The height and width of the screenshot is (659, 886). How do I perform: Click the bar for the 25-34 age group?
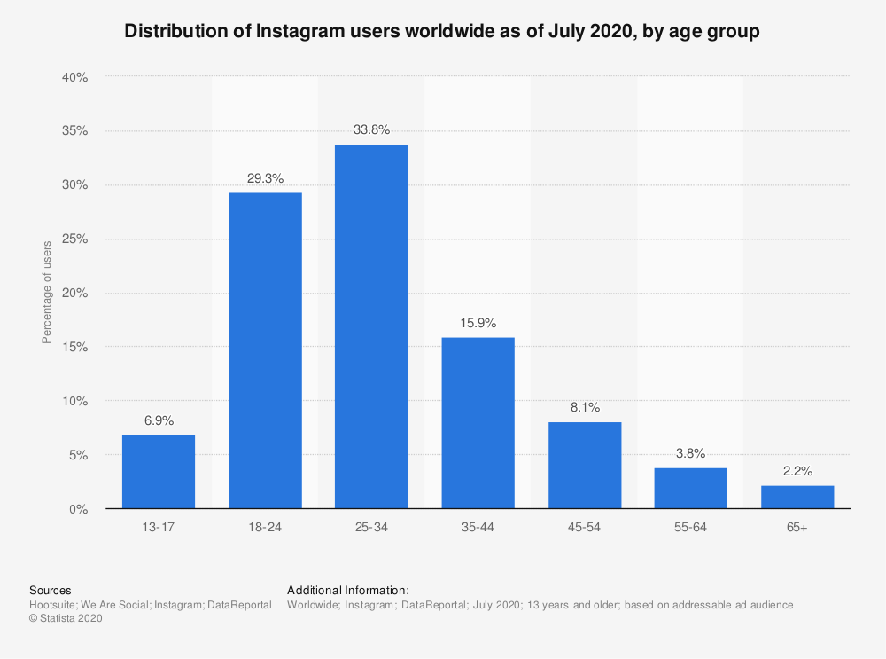[x=371, y=326]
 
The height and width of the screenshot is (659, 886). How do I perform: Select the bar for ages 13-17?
[x=159, y=472]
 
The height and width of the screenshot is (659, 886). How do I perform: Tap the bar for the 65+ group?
[x=797, y=497]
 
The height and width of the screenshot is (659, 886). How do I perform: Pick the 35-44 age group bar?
[x=478, y=423]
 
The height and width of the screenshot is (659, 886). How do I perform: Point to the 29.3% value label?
[x=265, y=178]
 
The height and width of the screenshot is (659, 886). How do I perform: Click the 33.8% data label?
[x=371, y=129]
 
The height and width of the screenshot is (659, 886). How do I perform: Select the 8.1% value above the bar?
[x=585, y=407]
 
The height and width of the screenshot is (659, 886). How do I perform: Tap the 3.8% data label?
[x=691, y=453]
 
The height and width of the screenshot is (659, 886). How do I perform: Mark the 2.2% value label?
[x=797, y=471]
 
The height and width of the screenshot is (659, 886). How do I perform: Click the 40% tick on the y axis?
[x=75, y=77]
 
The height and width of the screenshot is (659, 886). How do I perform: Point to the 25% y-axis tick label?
[x=75, y=239]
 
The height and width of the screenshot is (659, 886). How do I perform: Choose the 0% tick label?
[x=79, y=509]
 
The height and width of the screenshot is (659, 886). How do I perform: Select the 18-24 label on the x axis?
[x=265, y=528]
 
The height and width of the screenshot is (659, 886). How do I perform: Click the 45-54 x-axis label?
[x=585, y=528]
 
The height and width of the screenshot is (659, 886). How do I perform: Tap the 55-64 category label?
[x=691, y=528]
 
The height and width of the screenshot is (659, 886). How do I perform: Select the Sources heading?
[x=51, y=590]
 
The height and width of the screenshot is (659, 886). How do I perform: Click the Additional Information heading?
[x=347, y=590]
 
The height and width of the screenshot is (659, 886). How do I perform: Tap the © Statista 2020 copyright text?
[x=66, y=619]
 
